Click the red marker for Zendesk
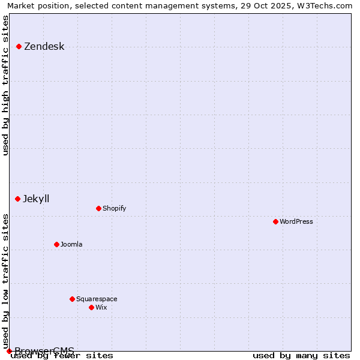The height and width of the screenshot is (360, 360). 19,46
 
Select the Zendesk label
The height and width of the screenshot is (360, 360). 44,47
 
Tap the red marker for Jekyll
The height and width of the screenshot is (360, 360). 18,199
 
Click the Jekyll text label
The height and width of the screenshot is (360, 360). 36,199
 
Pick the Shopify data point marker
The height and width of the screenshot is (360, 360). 98,208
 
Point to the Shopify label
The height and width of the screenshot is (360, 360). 114,209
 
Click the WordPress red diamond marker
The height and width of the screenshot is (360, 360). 275,221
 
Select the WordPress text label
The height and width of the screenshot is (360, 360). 296,221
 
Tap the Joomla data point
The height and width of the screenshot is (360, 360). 56,244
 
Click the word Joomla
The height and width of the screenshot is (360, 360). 71,245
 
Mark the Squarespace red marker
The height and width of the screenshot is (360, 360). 72,299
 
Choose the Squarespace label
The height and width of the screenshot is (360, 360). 97,299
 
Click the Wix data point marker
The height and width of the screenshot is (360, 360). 91,307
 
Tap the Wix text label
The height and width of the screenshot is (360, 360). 101,307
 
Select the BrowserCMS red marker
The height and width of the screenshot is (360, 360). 9,351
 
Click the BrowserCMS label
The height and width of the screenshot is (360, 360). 44,351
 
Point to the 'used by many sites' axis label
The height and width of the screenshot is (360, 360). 301,355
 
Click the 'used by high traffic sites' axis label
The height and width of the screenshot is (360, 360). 6,85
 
